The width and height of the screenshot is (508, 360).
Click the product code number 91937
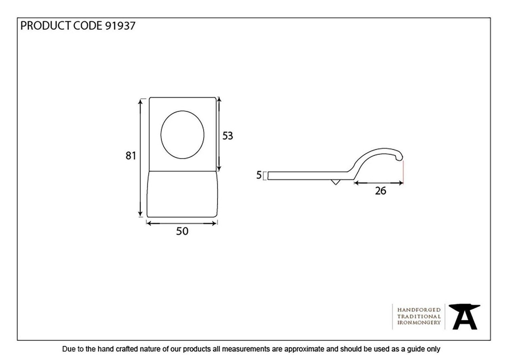[x=120, y=26]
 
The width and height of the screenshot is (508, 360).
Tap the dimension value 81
[x=131, y=156]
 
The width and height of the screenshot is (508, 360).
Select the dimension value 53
[x=228, y=136]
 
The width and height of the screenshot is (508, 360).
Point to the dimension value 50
[x=182, y=231]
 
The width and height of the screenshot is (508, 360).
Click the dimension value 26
[x=380, y=191]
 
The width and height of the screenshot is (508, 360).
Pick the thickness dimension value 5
[x=259, y=175]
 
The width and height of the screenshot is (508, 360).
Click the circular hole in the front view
[x=182, y=134]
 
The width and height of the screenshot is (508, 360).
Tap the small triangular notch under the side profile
[x=335, y=182]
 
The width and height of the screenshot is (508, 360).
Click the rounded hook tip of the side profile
[x=400, y=157]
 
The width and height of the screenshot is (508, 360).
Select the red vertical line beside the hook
[x=403, y=172]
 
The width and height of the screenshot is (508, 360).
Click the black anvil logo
[x=465, y=317]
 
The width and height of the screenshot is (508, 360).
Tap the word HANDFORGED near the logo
[x=419, y=310]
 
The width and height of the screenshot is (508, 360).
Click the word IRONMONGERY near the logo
[x=419, y=323]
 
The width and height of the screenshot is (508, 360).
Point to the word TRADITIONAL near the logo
[x=419, y=316]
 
